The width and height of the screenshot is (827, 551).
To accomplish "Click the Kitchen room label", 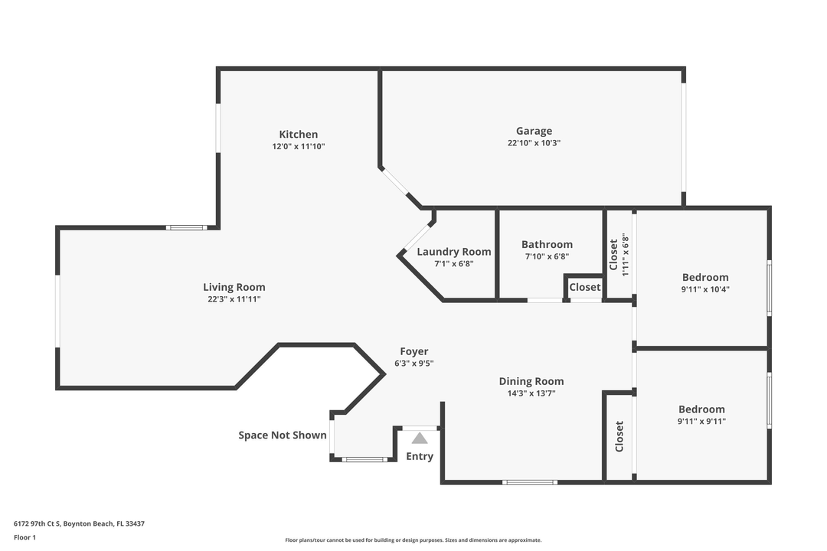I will coord(298,134).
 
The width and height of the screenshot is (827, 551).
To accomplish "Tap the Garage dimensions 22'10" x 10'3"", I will coord(534,143).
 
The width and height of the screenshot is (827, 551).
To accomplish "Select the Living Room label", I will coord(234,287).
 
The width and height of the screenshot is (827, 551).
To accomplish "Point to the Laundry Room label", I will coord(454,252).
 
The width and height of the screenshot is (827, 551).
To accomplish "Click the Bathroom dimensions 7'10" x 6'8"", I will coord(547,257).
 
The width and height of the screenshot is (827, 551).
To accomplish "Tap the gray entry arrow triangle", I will coord(420,439).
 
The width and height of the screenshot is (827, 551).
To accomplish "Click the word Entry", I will coord(420,456).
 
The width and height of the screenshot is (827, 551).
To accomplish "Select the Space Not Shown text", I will coord(282,435).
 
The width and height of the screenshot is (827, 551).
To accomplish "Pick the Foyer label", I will coord(413,351).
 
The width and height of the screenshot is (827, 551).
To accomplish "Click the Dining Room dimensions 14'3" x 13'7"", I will coord(531,393).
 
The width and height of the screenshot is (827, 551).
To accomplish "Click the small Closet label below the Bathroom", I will coord(585,287).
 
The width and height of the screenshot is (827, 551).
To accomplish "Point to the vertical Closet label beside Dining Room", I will coord(619,436).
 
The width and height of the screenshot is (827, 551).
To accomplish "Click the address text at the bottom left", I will coord(79,524).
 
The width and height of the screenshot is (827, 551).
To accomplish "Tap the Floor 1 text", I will coord(25,537).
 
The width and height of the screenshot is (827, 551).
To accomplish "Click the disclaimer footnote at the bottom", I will coord(413,540).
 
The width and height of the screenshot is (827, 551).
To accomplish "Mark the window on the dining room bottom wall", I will coord(529,482).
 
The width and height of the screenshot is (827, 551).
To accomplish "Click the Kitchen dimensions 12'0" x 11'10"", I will coord(299,146).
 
